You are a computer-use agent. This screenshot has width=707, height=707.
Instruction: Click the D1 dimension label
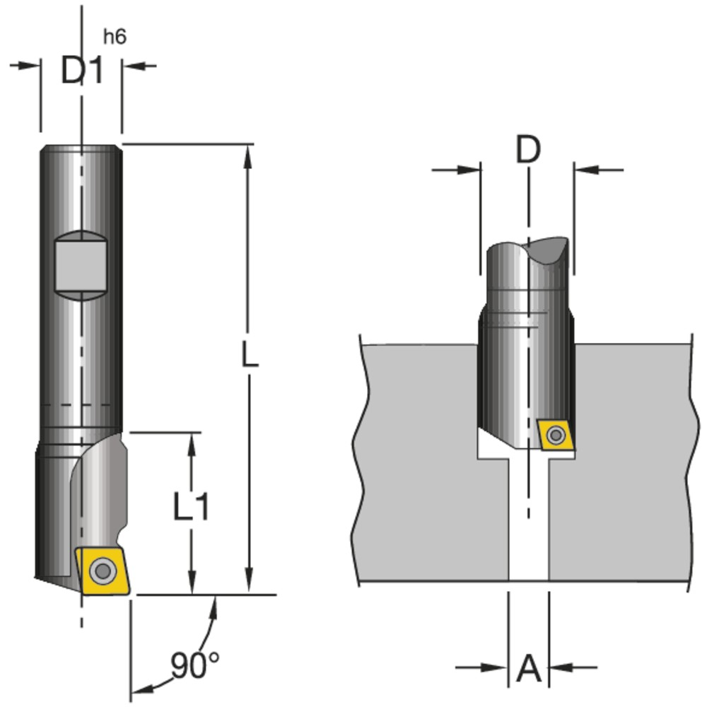pos(81,70)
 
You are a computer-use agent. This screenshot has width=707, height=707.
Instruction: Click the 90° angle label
pos(194,665)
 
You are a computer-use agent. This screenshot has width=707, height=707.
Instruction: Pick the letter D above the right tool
pos(527,150)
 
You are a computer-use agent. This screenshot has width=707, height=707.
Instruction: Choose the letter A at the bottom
pos(528,669)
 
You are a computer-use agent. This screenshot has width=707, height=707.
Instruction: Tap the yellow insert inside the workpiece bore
pos(555,434)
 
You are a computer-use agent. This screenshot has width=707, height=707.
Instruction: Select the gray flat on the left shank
pos(81,264)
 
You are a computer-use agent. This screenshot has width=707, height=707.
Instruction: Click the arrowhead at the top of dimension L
pos(247,157)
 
